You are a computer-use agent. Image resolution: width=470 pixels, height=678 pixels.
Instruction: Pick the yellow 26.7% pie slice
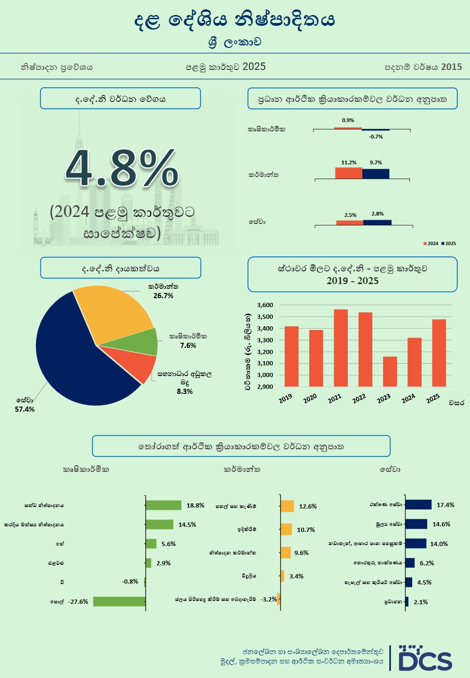113,312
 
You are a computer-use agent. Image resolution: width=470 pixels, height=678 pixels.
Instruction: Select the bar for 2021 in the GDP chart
341,347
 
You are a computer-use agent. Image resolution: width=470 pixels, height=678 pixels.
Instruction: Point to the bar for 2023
390,371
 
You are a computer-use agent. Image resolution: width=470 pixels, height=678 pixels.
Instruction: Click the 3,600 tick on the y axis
265,305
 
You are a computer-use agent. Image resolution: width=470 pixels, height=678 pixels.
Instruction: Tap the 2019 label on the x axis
285,399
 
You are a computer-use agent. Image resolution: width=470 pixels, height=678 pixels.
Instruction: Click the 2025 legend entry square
442,244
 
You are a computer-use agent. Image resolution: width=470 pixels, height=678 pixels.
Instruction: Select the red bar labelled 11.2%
349,173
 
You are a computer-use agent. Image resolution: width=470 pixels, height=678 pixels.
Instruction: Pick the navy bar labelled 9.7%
376,174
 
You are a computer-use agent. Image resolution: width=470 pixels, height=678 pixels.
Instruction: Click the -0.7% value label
376,137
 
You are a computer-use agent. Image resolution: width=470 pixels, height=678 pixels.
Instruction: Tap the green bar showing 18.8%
164,505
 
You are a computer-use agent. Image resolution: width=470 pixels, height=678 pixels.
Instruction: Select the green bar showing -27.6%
119,601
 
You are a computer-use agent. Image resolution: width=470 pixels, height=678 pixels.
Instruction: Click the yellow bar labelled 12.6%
287,506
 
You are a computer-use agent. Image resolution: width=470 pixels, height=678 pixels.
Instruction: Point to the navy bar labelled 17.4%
418,505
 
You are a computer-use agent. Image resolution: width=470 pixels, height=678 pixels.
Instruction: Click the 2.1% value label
421,602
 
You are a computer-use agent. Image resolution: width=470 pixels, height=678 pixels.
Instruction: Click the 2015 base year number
452,67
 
